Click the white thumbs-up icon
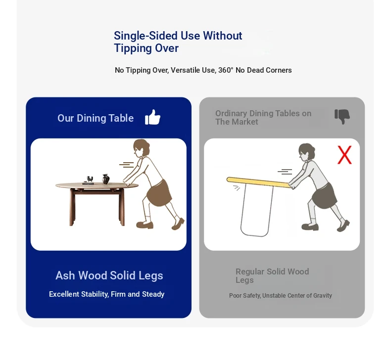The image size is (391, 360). [x=152, y=117]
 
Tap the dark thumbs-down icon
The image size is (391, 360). [x=342, y=116]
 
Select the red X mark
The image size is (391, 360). [x=344, y=155]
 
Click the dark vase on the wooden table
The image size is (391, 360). [x=106, y=179]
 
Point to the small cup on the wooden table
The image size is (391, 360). [x=90, y=179]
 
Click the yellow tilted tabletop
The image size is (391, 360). [x=258, y=182]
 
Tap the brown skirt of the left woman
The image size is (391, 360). [x=159, y=192]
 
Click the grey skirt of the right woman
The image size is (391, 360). [x=324, y=196]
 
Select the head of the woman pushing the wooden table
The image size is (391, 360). [x=142, y=148]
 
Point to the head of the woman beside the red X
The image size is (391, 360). [x=307, y=152]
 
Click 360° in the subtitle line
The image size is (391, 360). [x=226, y=70]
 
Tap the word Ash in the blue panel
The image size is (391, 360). [x=65, y=275]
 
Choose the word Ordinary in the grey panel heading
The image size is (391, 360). [x=231, y=113]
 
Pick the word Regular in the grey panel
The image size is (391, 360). [x=250, y=271]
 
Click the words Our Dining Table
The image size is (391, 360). [x=96, y=118]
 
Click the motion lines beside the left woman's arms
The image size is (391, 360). [x=126, y=165]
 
